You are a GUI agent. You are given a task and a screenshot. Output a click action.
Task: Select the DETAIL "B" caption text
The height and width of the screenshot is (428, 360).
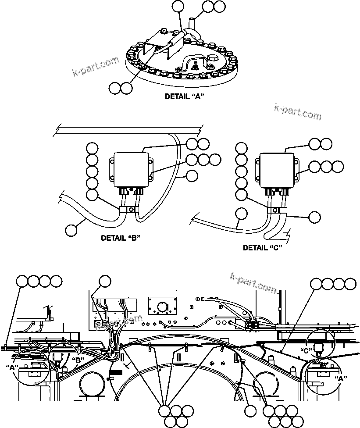120,238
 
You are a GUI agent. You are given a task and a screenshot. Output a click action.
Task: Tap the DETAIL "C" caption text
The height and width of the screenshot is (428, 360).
262,248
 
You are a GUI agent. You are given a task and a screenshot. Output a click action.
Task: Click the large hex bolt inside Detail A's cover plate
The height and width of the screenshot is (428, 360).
210,59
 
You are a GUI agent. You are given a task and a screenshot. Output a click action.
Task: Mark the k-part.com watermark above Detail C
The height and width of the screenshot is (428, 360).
297,111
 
